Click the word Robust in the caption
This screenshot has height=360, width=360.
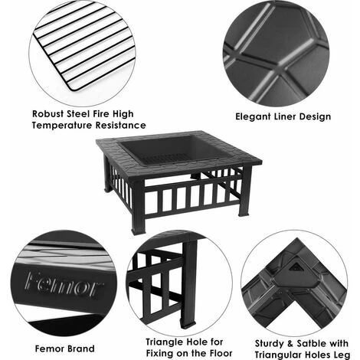(x=48, y=114)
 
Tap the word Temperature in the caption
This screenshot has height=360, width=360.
(x=62, y=126)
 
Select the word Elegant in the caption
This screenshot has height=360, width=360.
(x=253, y=116)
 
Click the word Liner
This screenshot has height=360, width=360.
(x=285, y=116)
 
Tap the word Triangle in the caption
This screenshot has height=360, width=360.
(x=165, y=342)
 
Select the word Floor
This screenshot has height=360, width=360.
(x=221, y=354)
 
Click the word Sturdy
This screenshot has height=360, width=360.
(x=270, y=344)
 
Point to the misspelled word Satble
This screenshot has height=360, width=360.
(x=309, y=343)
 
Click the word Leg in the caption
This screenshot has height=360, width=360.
(x=342, y=355)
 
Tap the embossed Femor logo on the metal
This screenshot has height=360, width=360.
(x=64, y=285)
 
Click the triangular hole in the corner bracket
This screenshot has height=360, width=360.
(x=296, y=267)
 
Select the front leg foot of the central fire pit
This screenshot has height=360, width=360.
(x=138, y=231)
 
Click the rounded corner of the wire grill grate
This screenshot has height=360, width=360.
(x=72, y=87)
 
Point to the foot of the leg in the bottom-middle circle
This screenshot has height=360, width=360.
(x=188, y=326)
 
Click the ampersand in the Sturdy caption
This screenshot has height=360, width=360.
(x=290, y=344)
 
